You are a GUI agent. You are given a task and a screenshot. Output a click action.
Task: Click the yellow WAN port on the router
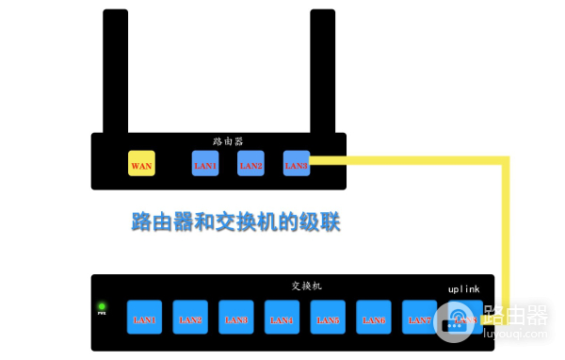tap(141, 163)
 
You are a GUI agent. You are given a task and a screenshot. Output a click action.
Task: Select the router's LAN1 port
tap(205, 163)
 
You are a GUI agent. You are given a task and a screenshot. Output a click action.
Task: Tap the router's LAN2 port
tap(250, 163)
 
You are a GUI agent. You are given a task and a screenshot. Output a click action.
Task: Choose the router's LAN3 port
tap(296, 163)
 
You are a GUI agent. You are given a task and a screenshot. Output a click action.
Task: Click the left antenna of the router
tap(116, 71)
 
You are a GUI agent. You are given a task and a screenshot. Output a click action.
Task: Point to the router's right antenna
tap(322, 71)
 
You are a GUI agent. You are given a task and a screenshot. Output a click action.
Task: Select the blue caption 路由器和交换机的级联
tap(234, 222)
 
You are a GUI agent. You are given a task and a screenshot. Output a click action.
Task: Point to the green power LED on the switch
tap(102, 307)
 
